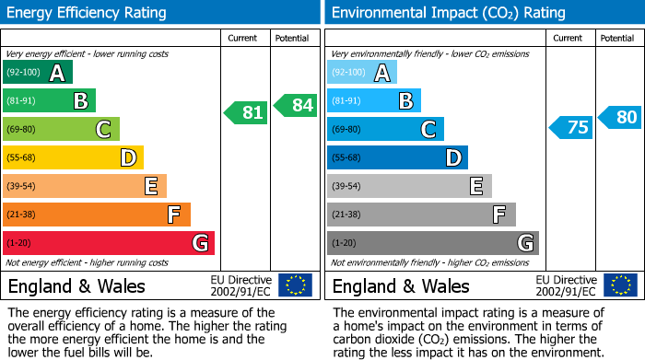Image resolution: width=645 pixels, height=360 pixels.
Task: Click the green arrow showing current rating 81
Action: tap(246, 112)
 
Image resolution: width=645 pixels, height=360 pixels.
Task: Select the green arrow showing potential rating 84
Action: tap(296, 105)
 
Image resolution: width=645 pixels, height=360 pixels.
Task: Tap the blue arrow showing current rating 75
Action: tap(570, 127)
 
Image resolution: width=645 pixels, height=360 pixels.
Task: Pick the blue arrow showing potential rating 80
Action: tap(620, 117)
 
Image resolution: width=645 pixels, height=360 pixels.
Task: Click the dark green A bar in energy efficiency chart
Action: tap(38, 73)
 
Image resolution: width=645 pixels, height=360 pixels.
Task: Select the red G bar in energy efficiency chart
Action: tap(109, 243)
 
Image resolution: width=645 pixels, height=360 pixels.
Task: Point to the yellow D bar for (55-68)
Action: tap(73, 158)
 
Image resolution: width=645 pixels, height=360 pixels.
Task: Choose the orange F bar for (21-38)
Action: tap(97, 215)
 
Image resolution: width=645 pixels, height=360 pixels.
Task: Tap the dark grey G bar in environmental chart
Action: tap(432, 243)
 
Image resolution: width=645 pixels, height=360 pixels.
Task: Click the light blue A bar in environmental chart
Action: tap(362, 73)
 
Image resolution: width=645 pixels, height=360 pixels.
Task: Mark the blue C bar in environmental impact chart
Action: tap(385, 130)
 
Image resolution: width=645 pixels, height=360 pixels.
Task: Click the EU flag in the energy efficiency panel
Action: tap(295, 285)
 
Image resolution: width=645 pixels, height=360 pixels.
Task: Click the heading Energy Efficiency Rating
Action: tap(88, 13)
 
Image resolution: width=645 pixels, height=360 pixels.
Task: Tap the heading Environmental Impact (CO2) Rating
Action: tap(448, 13)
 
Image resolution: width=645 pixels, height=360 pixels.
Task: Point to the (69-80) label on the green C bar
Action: tap(22, 130)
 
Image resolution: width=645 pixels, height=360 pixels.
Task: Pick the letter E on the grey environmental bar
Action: tap(476, 186)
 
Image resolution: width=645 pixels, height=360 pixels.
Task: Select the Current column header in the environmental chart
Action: tap(569, 38)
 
